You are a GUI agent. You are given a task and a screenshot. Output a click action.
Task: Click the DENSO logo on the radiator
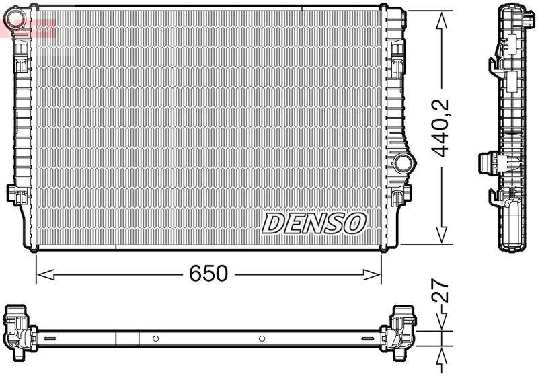[x=313, y=223]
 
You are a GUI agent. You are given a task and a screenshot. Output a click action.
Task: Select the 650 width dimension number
[x=208, y=274]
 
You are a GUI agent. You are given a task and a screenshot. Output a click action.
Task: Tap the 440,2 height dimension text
[x=440, y=128]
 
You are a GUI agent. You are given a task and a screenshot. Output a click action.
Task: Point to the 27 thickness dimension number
[x=440, y=295]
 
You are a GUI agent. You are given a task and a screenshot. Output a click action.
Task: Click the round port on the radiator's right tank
[x=403, y=162]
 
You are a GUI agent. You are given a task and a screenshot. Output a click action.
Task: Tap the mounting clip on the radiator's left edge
[x=14, y=193]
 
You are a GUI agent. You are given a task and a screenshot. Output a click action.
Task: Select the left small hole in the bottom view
[x=155, y=338]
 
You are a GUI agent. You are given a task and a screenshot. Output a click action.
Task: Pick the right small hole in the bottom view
[x=263, y=338]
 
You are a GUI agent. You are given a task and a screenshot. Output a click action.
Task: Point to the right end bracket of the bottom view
[x=399, y=329]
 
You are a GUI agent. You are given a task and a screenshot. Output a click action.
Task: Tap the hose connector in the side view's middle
[x=488, y=164]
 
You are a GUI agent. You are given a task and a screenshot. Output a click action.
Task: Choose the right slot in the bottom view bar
[x=369, y=338]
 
